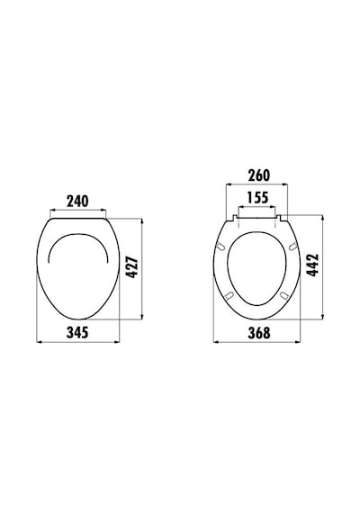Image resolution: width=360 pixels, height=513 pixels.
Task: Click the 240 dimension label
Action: click(77, 202)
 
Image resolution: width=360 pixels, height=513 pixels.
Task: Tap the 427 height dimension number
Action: click(132, 267)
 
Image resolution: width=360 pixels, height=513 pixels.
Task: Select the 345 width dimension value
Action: click(77, 333)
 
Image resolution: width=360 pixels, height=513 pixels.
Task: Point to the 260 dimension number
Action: click(259, 175)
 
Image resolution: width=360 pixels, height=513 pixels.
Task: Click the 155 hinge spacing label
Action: click(257, 198)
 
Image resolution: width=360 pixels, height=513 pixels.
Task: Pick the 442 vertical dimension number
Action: click(312, 265)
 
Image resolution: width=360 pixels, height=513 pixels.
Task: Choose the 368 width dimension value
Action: click(259, 333)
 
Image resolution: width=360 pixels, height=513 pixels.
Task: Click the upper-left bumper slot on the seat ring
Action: click(221, 247)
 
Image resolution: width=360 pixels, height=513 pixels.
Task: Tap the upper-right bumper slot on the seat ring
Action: click(293, 247)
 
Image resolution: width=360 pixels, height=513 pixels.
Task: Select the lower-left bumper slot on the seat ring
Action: click(229, 295)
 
